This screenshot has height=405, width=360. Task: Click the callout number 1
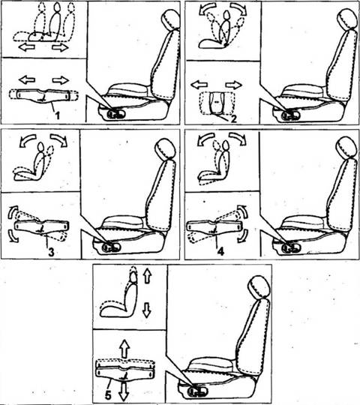click(57, 115)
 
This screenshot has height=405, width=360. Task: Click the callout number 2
click(233, 119)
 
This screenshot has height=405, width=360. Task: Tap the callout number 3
click(51, 252)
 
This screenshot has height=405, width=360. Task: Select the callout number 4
click(220, 251)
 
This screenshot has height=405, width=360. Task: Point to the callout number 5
click(108, 395)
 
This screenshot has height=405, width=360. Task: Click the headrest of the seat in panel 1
click(170, 19)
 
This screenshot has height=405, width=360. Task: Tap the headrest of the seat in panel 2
click(347, 19)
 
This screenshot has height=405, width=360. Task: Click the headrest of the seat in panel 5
click(259, 286)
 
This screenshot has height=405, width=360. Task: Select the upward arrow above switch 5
click(124, 348)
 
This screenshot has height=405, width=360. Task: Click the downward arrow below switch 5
click(124, 391)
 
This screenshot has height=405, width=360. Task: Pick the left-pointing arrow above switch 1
click(27, 79)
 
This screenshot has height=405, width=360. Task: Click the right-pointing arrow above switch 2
click(234, 85)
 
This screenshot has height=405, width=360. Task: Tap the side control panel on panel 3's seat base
click(112, 248)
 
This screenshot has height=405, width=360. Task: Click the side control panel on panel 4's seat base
click(292, 248)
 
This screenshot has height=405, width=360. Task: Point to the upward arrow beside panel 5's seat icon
click(147, 275)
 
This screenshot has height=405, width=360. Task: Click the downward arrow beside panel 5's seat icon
click(147, 310)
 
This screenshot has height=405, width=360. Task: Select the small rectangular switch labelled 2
click(217, 103)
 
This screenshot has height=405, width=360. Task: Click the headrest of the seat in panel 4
click(347, 148)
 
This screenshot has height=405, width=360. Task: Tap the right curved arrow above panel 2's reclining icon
click(239, 7)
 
